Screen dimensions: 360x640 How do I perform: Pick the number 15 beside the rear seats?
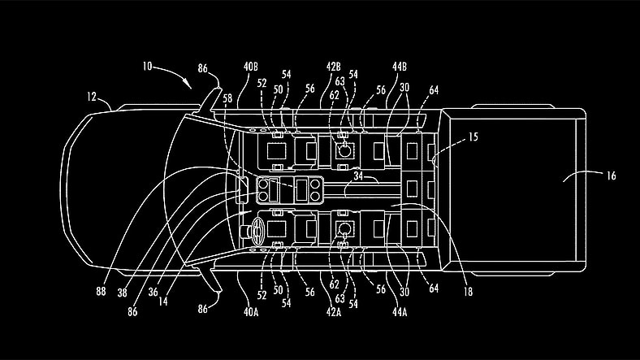click(473, 138)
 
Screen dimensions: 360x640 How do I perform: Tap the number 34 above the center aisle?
click(358, 174)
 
